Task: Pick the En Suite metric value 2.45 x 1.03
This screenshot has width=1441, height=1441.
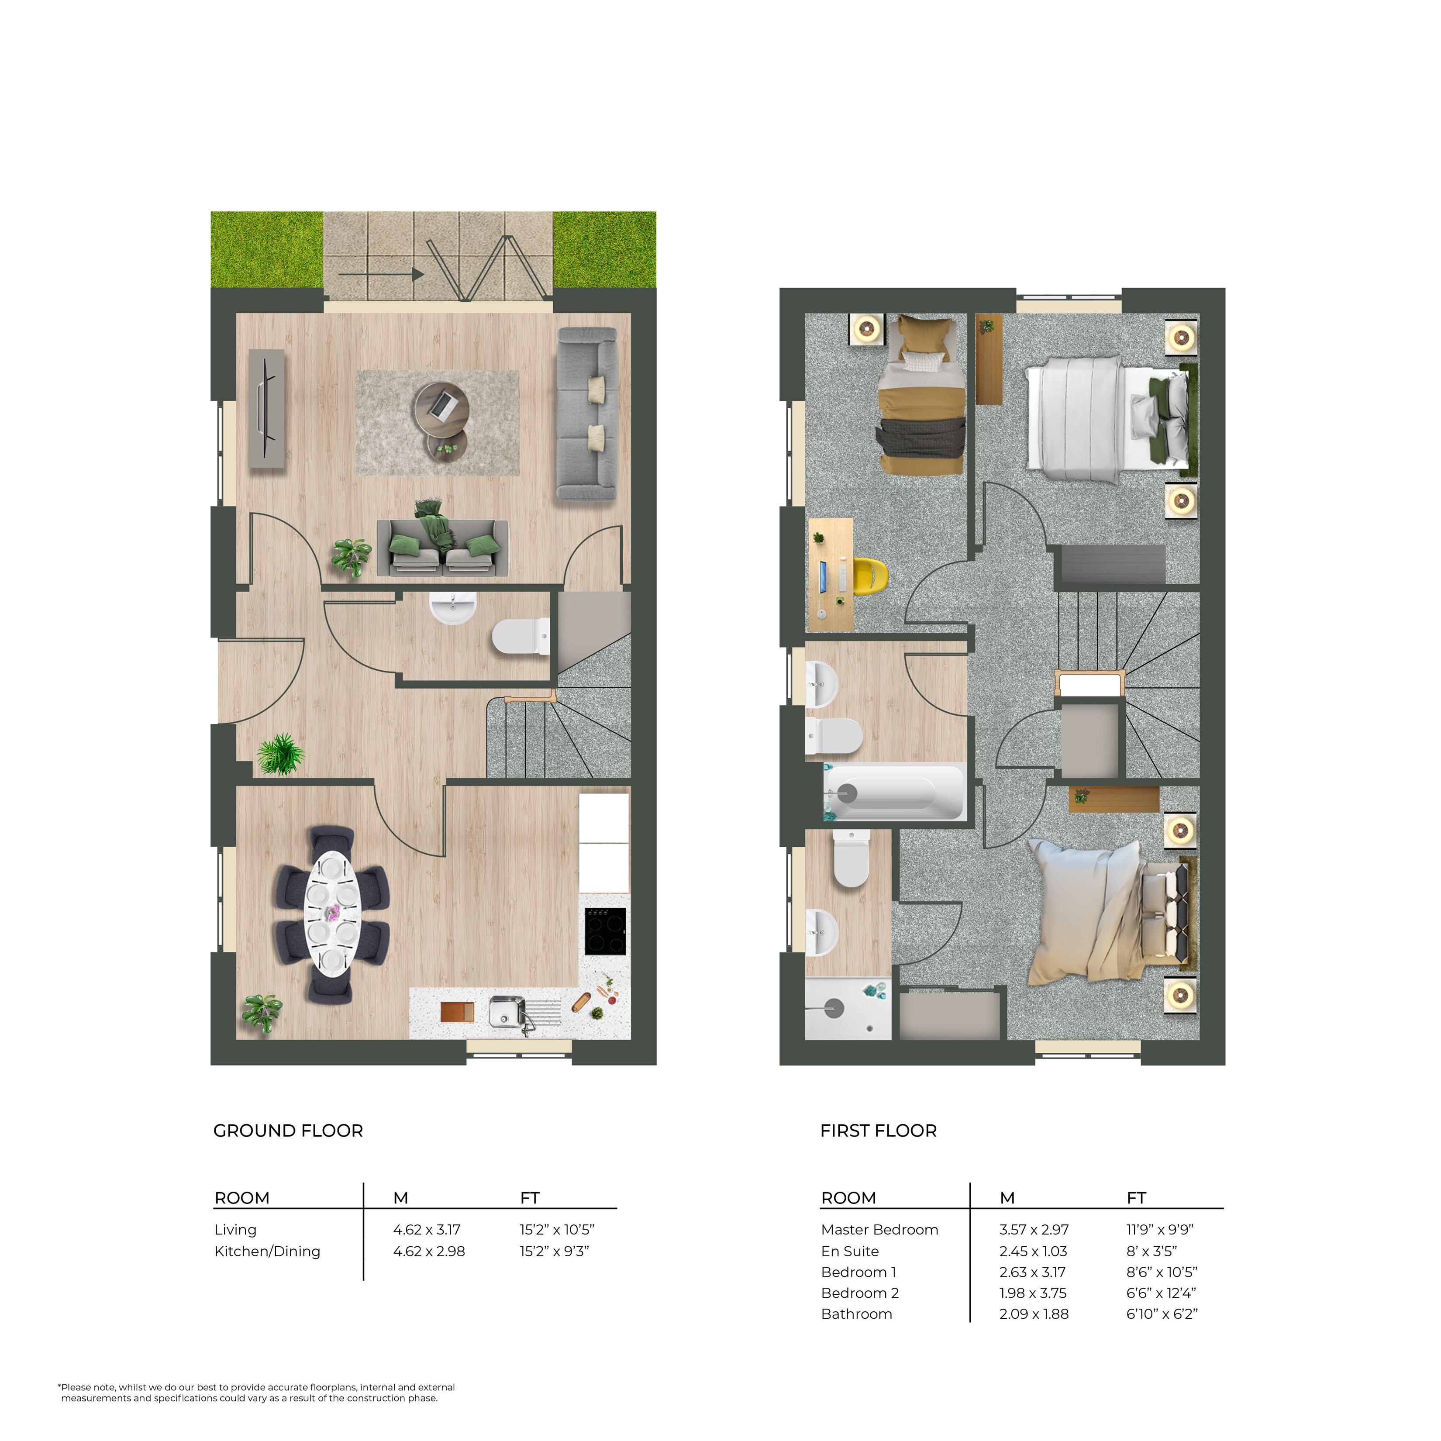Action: pos(1034,1251)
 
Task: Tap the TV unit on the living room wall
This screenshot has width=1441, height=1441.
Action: pos(266,410)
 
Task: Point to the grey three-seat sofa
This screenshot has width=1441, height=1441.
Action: pos(587,414)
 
